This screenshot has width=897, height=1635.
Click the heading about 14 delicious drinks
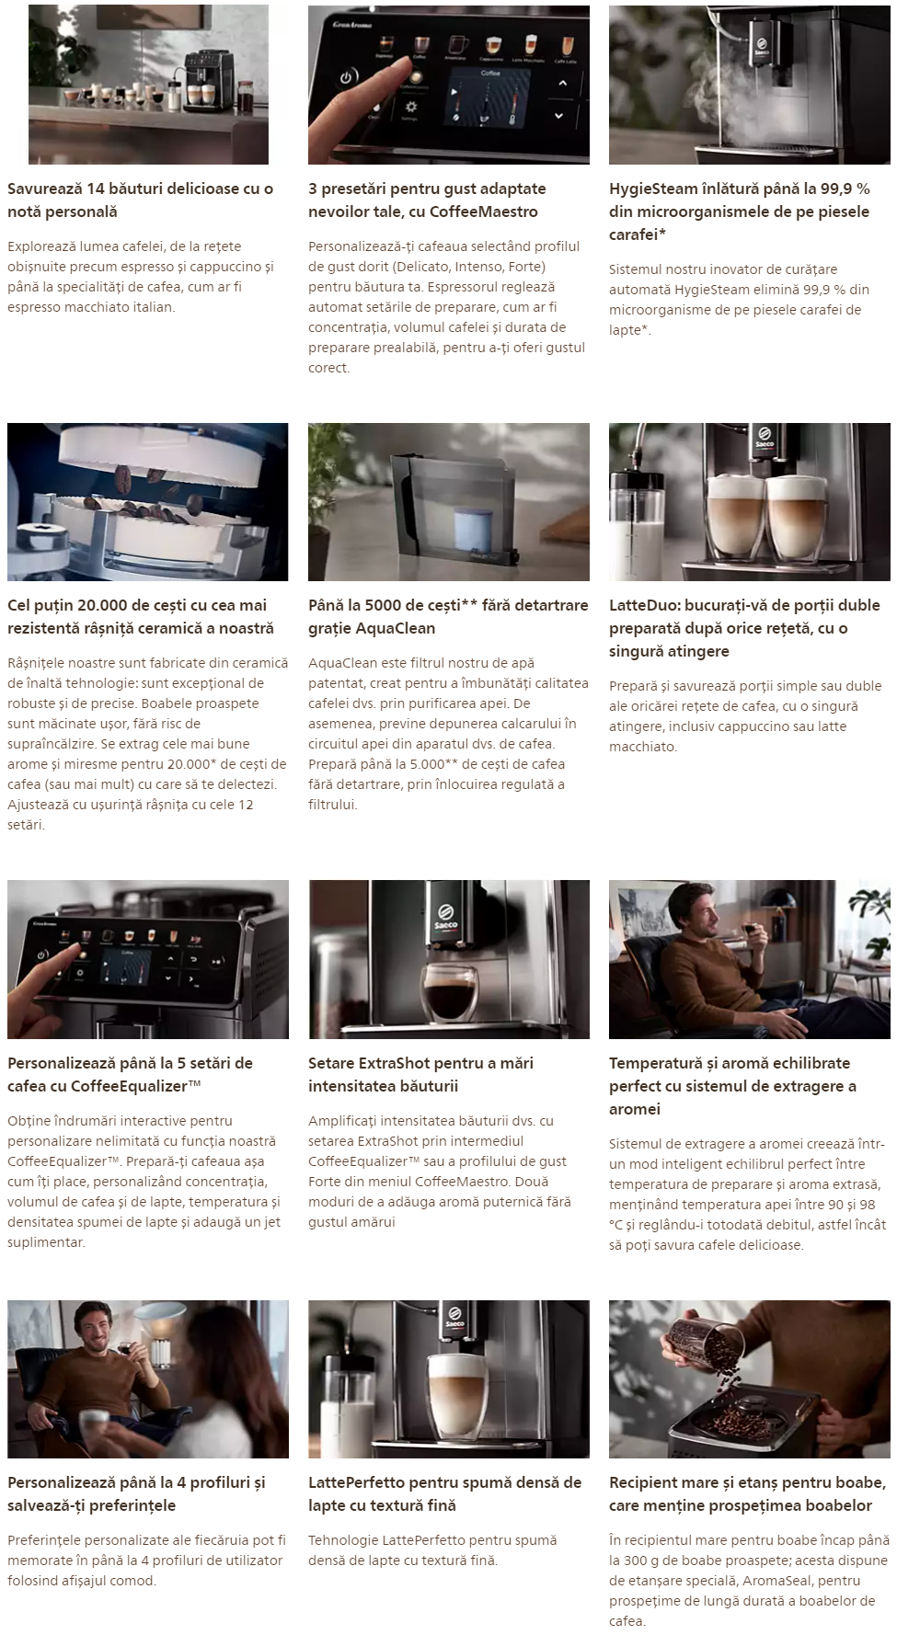tap(141, 200)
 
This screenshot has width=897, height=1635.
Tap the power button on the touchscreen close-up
tap(347, 77)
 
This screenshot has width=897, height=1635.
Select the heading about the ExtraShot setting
tap(421, 1074)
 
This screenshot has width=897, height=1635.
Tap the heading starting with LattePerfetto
tap(445, 1493)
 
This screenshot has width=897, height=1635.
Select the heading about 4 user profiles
tap(136, 1493)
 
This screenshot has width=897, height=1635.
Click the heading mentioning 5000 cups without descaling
tap(448, 616)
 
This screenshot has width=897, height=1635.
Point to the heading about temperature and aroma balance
tap(733, 1085)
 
